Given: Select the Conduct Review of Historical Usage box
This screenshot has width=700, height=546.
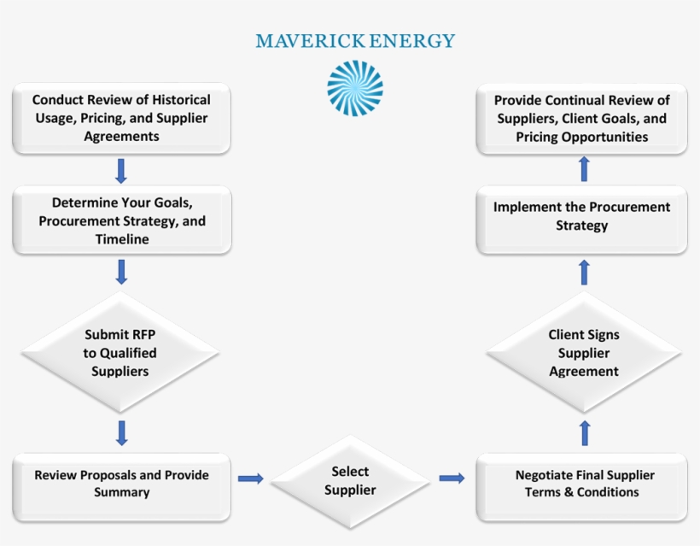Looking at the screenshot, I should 121,118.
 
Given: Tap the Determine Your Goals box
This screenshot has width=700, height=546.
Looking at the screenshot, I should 121,221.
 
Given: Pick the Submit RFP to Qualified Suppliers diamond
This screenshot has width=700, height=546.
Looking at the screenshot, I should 121,352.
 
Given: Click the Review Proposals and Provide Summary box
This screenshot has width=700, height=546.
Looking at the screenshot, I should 121,484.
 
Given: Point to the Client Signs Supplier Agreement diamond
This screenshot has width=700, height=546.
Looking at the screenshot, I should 583,352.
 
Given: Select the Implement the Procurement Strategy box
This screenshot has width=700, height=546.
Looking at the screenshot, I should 582,217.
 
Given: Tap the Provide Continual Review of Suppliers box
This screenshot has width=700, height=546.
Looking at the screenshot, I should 582,118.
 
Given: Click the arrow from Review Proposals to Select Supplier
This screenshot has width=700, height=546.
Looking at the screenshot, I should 251,478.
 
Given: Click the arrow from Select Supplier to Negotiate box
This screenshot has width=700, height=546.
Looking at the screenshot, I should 452,478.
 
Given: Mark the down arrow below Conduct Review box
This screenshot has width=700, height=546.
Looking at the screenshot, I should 121,170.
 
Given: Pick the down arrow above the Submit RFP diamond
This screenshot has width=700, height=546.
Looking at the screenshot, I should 121,272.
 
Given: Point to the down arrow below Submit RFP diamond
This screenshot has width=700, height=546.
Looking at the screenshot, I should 121,432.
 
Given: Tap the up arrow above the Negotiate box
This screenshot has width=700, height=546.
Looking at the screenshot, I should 584,432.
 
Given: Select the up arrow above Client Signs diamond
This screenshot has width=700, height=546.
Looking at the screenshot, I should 584,273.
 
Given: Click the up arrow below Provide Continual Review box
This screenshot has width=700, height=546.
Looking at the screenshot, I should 584,168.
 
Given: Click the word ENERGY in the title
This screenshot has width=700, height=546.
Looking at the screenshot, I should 414,41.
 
